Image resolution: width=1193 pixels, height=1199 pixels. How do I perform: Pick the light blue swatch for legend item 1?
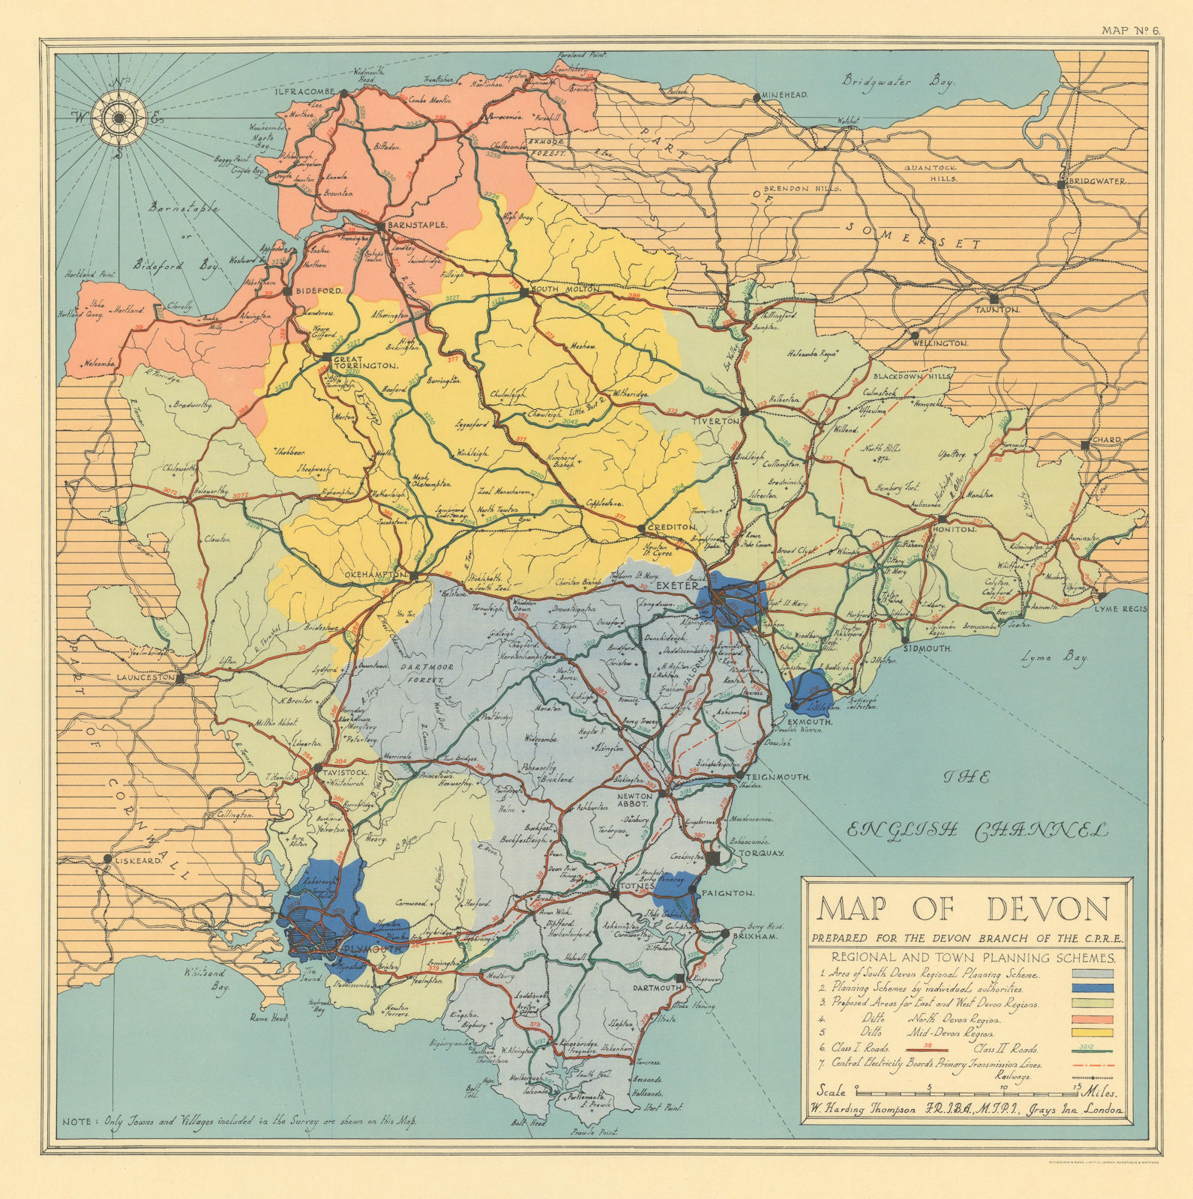coord(1094,975)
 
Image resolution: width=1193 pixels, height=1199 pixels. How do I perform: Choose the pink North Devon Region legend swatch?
coord(1094,1020)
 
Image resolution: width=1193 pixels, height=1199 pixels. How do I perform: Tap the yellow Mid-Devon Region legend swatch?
coord(1094,1034)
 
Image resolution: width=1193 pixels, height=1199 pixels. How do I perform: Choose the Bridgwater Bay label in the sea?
coord(898,81)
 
